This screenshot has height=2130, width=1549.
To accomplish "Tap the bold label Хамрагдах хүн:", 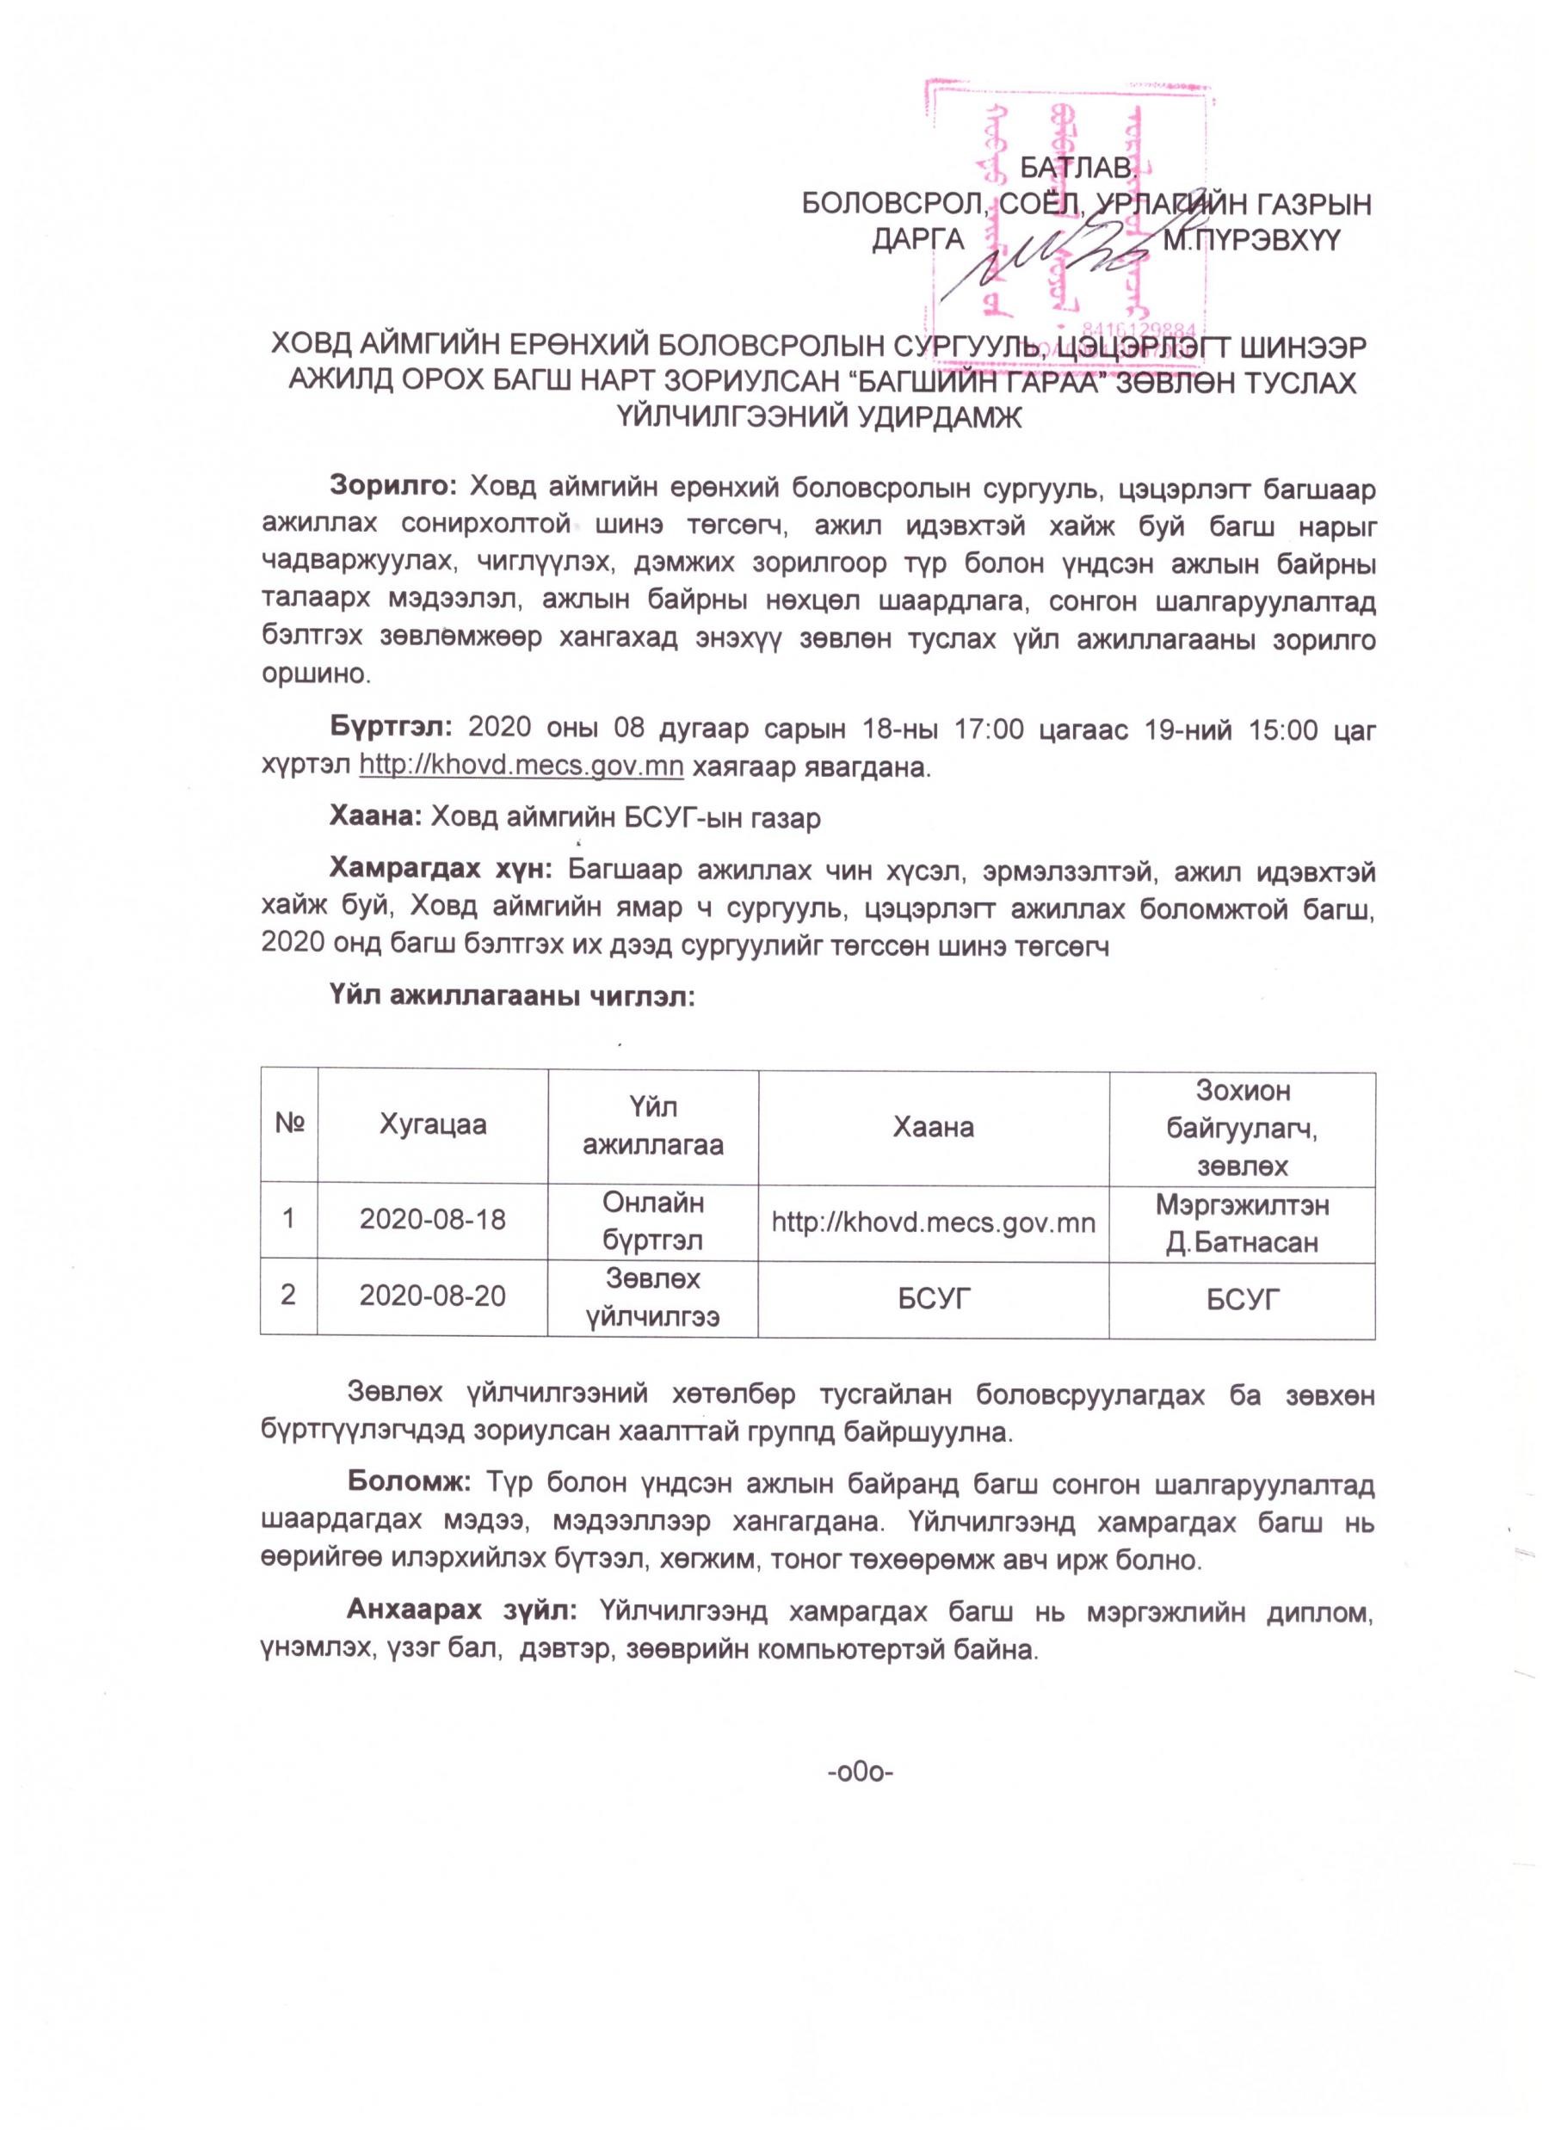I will click(441, 871).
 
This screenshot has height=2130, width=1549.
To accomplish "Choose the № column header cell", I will click(288, 1125).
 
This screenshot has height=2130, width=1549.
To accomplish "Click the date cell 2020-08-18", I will click(433, 1220).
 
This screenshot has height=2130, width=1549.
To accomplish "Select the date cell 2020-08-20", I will click(433, 1297).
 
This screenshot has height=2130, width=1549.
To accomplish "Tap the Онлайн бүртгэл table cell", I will click(653, 1221).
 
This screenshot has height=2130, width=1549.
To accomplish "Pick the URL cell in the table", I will click(934, 1222).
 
